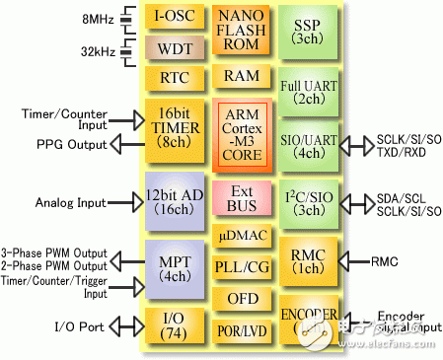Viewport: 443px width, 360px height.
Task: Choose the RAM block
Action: click(243, 76)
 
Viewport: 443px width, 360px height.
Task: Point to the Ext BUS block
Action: click(243, 198)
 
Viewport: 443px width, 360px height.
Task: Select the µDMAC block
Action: click(243, 237)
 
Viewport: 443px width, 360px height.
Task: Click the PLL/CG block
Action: click(243, 266)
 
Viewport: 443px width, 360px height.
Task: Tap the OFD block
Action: click(243, 298)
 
